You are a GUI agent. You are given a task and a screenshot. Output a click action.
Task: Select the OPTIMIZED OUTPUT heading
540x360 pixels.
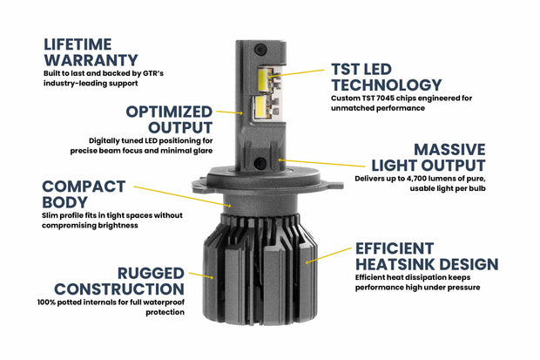169,120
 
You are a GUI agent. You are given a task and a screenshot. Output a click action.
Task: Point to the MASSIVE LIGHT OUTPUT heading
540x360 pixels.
426,157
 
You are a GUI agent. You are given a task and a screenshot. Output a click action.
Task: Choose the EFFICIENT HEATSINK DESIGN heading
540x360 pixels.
426,254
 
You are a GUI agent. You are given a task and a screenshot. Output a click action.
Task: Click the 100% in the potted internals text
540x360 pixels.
47,302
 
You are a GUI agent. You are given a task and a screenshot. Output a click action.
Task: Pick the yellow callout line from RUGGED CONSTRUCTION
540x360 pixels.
202,274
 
